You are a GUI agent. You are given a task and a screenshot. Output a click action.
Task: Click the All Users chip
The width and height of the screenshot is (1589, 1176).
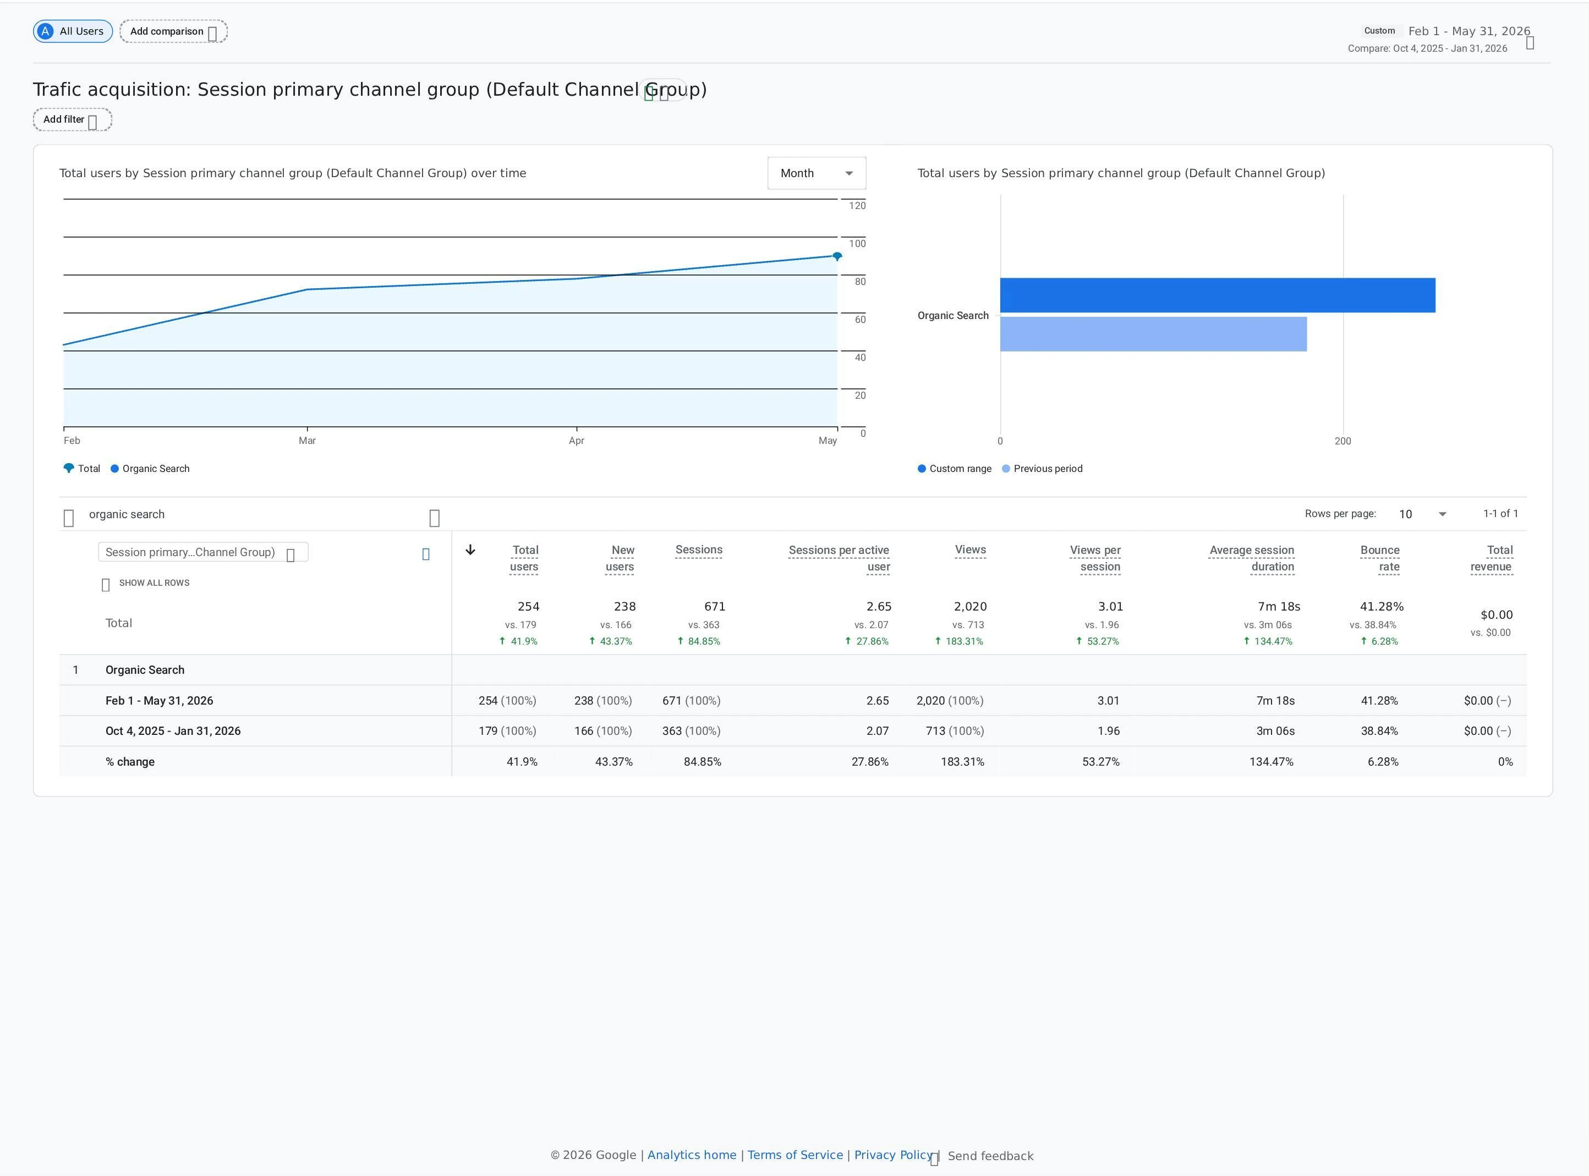(x=73, y=31)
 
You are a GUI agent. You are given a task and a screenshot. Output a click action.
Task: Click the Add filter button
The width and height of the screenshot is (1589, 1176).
(x=73, y=119)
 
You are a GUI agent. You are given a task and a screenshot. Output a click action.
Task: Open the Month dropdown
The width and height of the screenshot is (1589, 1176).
(x=817, y=173)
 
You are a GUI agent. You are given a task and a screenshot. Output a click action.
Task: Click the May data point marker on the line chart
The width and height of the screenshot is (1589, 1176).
(x=837, y=256)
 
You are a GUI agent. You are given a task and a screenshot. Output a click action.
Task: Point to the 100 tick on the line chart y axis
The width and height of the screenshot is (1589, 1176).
(x=857, y=244)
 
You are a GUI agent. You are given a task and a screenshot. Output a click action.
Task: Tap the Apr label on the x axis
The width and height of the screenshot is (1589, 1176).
(x=577, y=441)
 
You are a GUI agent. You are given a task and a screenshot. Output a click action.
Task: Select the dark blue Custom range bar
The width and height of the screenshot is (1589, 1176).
(x=1218, y=295)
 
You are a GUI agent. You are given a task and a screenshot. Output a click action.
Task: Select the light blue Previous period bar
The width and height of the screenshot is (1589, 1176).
(x=1153, y=334)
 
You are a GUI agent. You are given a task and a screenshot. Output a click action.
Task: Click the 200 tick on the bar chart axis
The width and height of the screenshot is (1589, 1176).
(x=1343, y=441)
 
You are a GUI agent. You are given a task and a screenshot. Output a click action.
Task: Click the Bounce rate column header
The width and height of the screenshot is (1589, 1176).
(x=1380, y=559)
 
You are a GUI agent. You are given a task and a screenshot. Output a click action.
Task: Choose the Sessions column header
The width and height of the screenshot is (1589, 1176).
(x=699, y=549)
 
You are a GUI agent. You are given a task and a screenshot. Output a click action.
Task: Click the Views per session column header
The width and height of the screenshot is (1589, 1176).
(x=1095, y=559)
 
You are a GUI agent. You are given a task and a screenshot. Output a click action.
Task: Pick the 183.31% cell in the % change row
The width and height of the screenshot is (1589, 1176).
(x=962, y=762)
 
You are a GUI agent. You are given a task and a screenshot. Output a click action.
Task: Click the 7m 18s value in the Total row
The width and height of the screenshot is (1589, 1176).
(x=1279, y=607)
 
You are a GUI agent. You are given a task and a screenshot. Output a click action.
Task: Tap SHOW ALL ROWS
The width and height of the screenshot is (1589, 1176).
(x=154, y=583)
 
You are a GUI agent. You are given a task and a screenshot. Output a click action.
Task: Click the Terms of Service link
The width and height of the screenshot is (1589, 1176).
(x=795, y=1155)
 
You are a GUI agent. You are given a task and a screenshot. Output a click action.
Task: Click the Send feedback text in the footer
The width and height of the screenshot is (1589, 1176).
(x=990, y=1156)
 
